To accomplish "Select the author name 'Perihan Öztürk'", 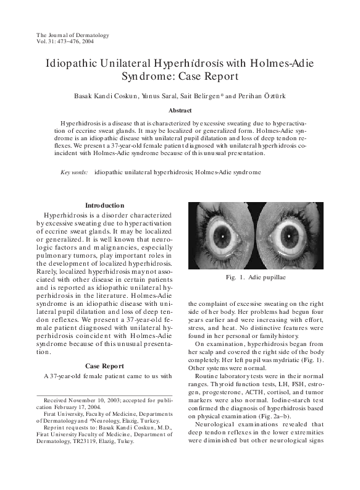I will click(273, 98).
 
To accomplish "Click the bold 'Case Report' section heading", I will click(104, 365).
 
